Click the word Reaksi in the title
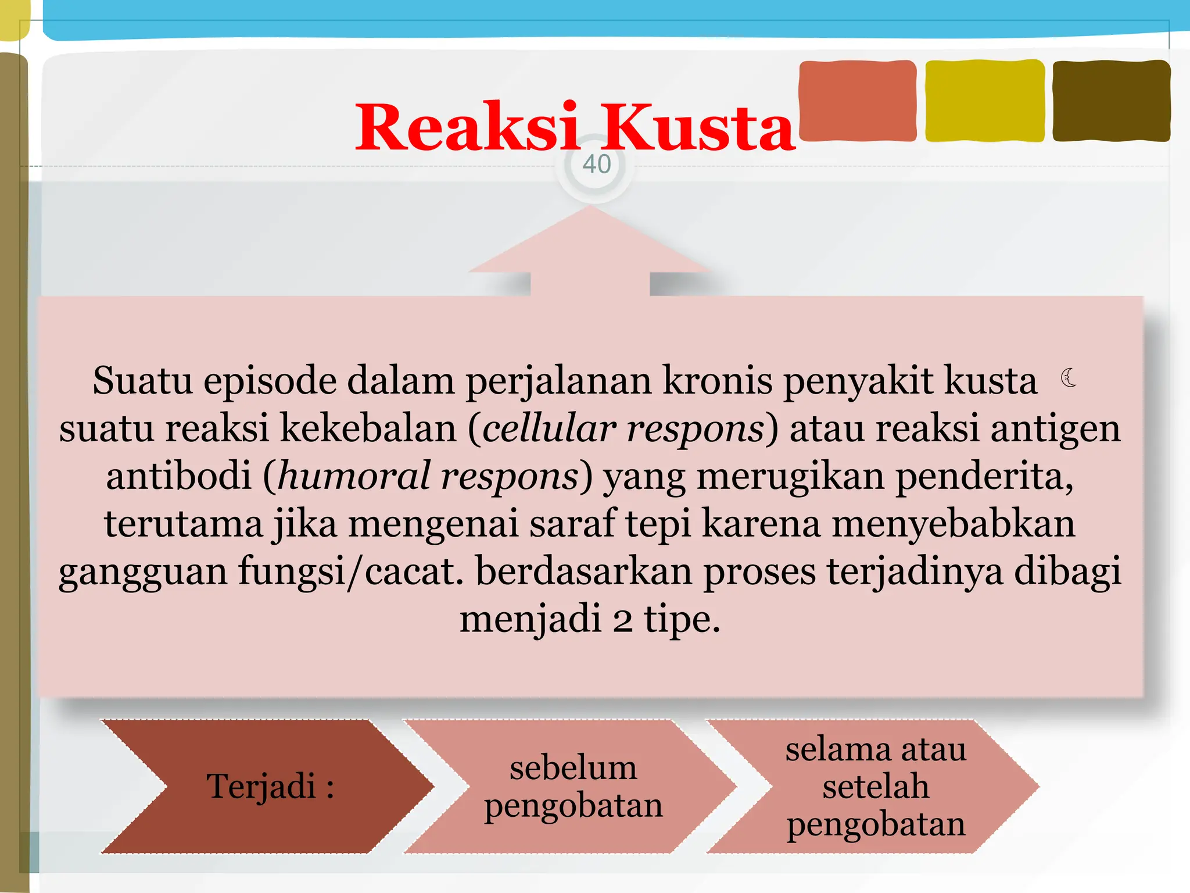(x=467, y=127)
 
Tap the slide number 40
(x=596, y=165)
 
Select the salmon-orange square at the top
(x=858, y=101)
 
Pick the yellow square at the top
(x=984, y=101)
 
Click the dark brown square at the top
(x=1111, y=101)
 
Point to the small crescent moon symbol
(x=1068, y=378)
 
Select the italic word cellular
(x=549, y=428)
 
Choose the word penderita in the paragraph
(x=984, y=476)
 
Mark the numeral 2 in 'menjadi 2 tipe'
(x=622, y=620)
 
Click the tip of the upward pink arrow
(x=590, y=208)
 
